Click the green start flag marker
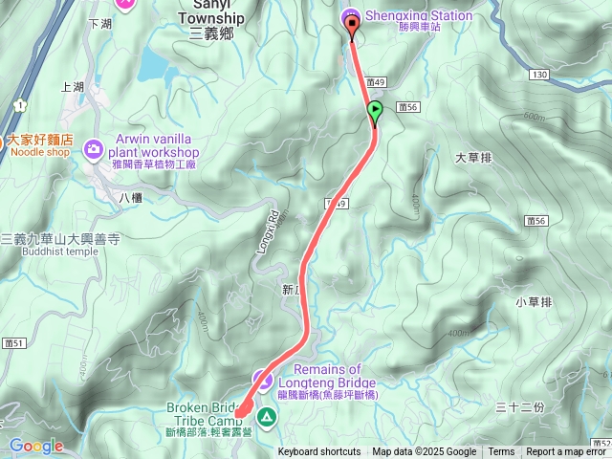coord(375,111)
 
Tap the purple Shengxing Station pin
coord(352,17)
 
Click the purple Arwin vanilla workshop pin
coord(94,146)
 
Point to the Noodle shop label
coord(40,151)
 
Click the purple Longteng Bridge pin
coord(261,379)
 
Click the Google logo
coord(36,446)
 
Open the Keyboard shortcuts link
coord(319,452)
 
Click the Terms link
coord(501,452)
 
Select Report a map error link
coord(568,452)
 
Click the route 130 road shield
coord(540,74)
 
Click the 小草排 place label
coord(534,302)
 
